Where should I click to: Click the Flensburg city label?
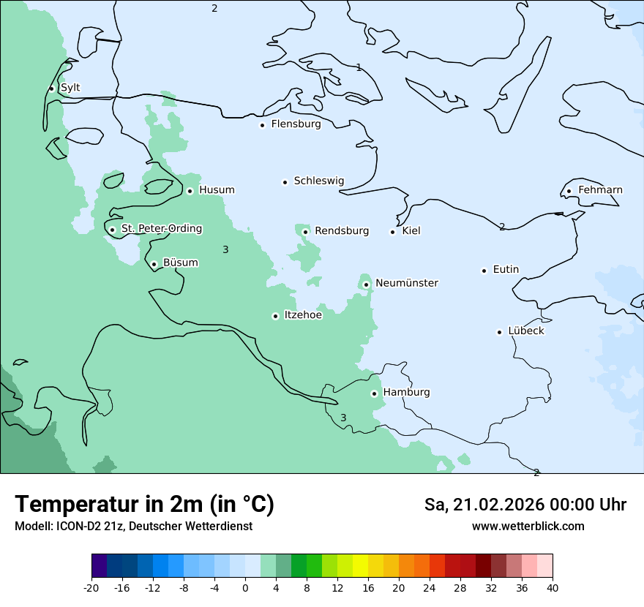(x=296, y=124)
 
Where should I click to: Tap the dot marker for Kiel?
(x=393, y=232)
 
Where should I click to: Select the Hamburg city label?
(x=406, y=393)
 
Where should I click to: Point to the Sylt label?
(x=70, y=88)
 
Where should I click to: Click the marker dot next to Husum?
(x=190, y=191)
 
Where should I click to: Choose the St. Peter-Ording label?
(x=162, y=229)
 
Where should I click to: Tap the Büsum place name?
(x=180, y=263)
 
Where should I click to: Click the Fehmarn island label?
(x=600, y=190)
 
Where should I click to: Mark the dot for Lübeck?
(x=500, y=332)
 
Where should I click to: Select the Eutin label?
(x=506, y=270)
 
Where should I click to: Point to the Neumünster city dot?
(x=366, y=284)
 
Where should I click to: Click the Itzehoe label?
(x=303, y=315)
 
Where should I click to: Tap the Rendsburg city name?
(x=342, y=231)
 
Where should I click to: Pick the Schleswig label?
(x=318, y=181)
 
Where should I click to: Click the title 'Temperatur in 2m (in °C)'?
(x=144, y=504)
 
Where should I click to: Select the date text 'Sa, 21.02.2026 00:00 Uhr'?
(x=525, y=505)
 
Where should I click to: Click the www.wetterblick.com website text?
(x=528, y=527)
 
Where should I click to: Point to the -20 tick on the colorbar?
(x=91, y=588)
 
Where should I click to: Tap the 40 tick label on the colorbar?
(x=553, y=588)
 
